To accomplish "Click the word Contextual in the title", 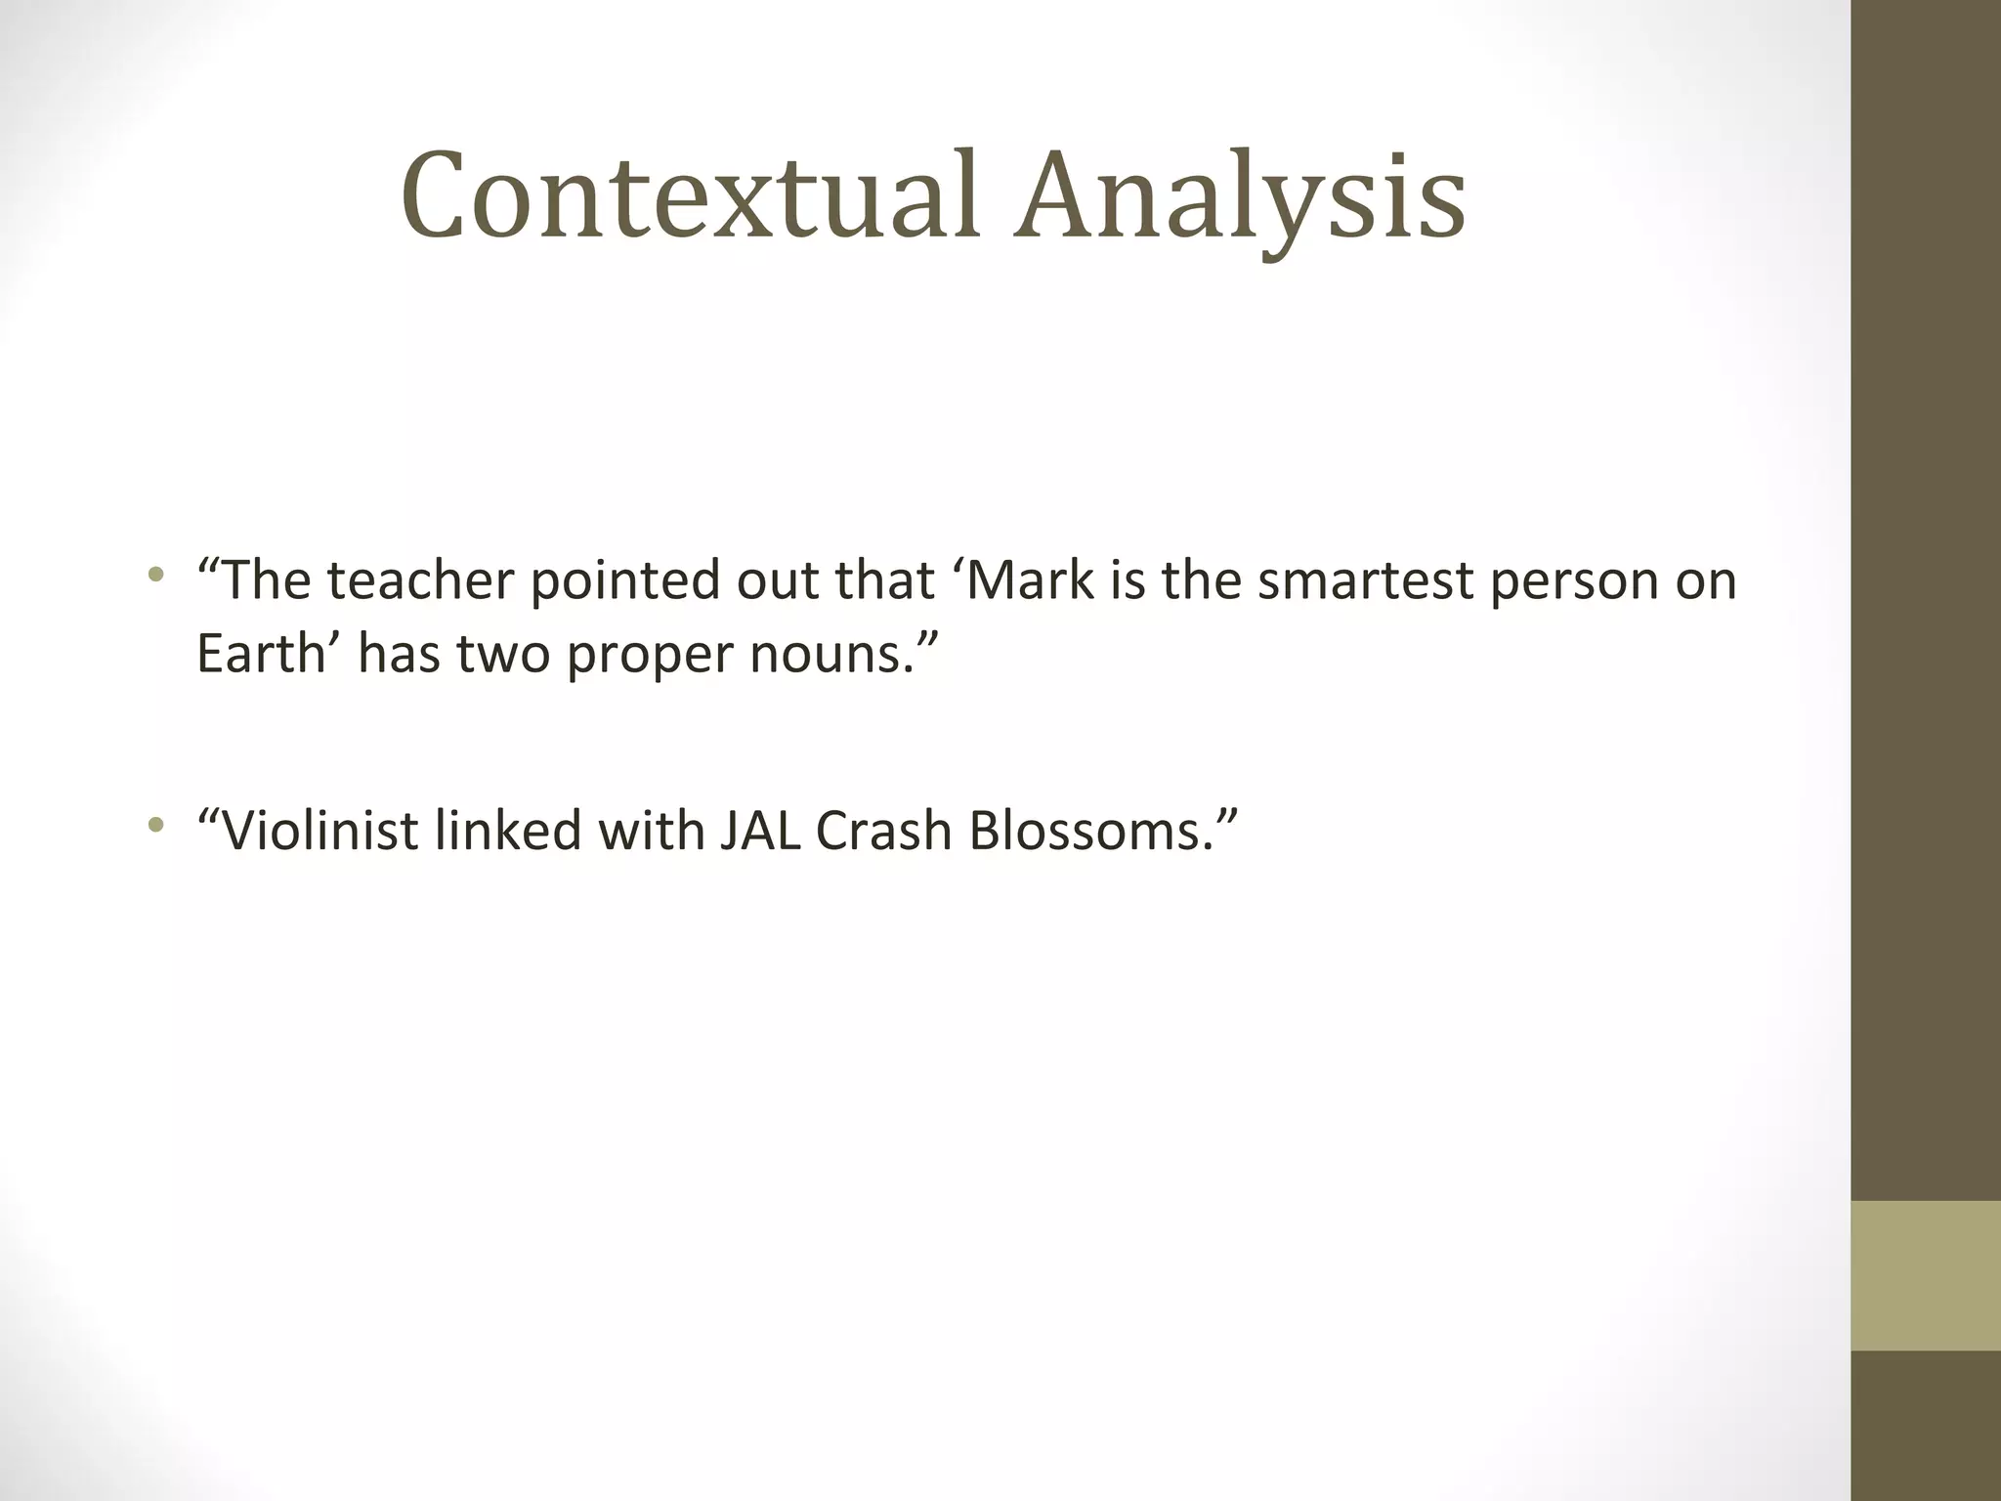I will click(689, 195).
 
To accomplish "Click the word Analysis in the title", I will click(1239, 195).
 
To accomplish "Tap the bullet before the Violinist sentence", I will click(154, 825).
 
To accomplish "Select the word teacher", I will click(420, 580).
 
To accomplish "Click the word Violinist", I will click(320, 831).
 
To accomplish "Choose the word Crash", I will click(883, 831).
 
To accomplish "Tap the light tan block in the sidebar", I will click(1925, 1275).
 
